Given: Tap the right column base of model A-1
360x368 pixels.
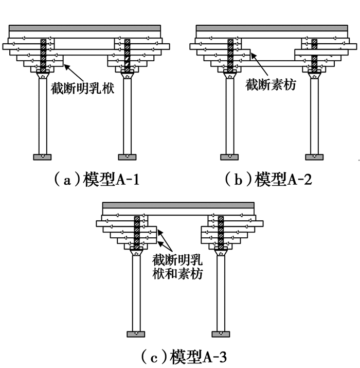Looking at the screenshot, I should click(127, 156).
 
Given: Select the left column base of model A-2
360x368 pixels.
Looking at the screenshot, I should click(230, 156).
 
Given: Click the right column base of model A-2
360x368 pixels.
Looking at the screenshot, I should click(313, 156).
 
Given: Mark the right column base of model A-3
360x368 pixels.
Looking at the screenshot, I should click(221, 334).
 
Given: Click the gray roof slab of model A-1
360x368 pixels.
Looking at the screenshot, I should click(85, 27).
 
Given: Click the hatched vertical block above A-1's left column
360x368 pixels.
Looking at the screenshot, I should click(43, 54).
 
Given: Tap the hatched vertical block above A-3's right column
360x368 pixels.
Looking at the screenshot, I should click(221, 232).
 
